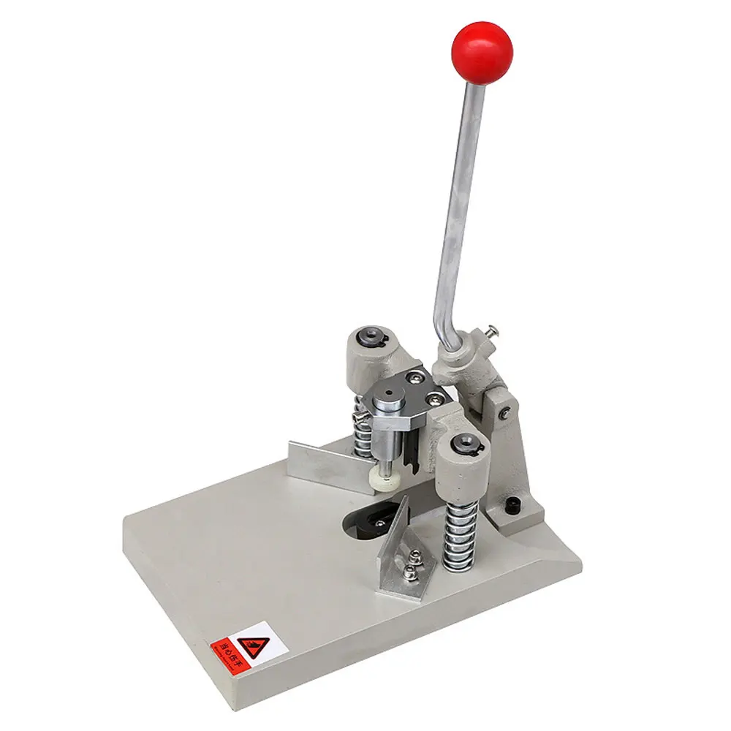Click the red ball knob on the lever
(482, 53)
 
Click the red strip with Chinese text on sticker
(227, 646)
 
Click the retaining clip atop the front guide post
(463, 442)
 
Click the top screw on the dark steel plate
(416, 376)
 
